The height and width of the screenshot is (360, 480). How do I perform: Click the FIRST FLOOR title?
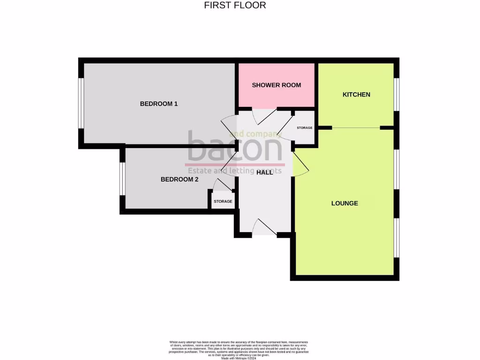click(x=235, y=6)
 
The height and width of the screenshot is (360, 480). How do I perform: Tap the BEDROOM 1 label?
click(x=159, y=104)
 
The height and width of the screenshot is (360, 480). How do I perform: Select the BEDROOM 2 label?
click(x=180, y=179)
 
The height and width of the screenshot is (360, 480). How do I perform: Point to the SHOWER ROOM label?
click(x=276, y=85)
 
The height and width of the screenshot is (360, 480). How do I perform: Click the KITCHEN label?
click(x=356, y=95)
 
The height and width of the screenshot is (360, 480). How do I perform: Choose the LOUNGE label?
click(x=345, y=203)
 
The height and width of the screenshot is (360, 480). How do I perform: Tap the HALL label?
click(x=264, y=172)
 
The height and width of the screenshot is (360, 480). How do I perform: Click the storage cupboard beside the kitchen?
click(x=304, y=128)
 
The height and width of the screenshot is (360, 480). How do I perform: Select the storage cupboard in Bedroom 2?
click(x=223, y=202)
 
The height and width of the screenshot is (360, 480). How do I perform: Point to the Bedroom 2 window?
click(x=122, y=179)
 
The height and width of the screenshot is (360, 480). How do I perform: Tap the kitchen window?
click(x=396, y=94)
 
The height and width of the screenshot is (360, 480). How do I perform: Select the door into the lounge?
click(x=300, y=165)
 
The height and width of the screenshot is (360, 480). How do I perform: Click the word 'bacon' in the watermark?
click(x=234, y=147)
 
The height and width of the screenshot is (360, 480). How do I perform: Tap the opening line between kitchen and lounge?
click(x=356, y=128)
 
